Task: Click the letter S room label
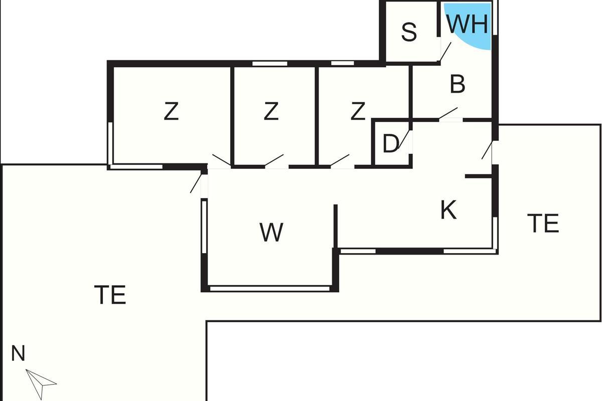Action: click(409, 33)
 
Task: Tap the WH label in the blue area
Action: click(467, 24)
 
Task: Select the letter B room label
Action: click(458, 85)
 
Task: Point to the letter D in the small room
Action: click(390, 144)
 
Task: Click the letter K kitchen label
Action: click(448, 211)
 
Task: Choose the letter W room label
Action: click(271, 233)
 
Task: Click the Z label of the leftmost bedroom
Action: click(171, 111)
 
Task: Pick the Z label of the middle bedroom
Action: click(271, 111)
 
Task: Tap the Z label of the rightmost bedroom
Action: click(357, 111)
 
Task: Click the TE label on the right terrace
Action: click(543, 224)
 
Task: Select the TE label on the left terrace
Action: click(110, 295)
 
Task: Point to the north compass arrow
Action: click(40, 383)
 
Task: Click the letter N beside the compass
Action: click(18, 354)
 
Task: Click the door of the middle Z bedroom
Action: click(274, 160)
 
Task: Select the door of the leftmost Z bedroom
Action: click(221, 160)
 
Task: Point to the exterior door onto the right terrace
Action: click(487, 150)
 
